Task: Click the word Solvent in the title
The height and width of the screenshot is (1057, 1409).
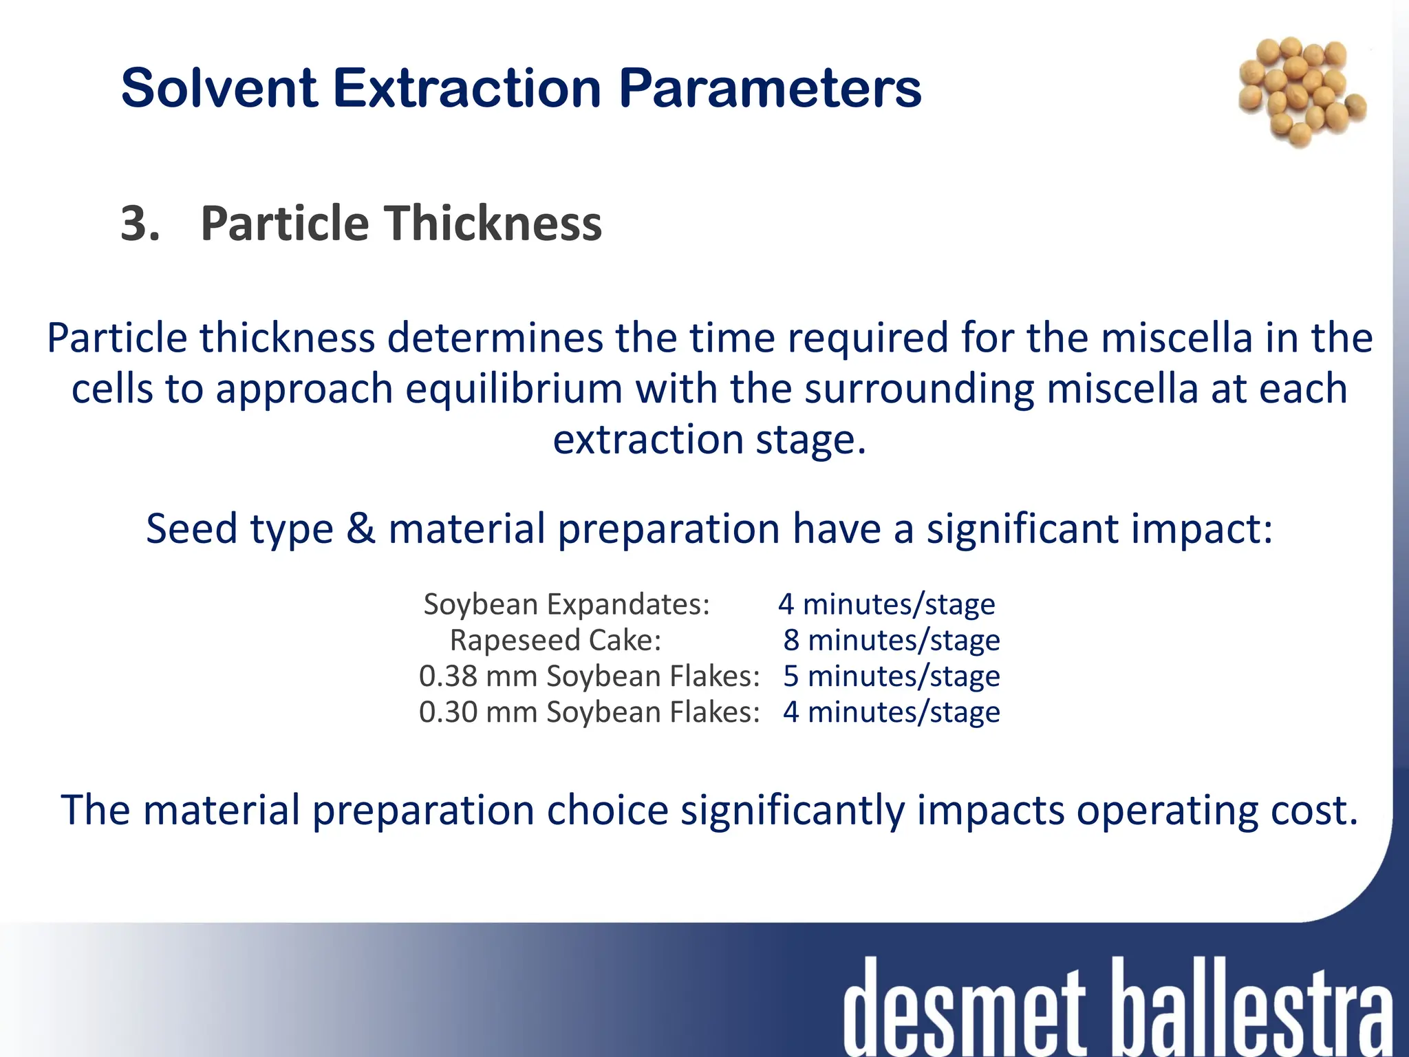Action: [219, 88]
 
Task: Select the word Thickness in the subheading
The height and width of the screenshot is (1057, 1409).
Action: [493, 224]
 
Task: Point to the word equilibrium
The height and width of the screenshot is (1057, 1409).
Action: [513, 389]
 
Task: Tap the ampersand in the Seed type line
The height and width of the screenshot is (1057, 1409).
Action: [361, 528]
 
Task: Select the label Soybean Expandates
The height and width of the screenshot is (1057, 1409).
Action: [566, 604]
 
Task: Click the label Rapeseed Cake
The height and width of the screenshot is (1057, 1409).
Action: [555, 640]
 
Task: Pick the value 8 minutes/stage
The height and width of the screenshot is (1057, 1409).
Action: [891, 640]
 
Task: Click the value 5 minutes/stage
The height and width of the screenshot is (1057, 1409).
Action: [891, 676]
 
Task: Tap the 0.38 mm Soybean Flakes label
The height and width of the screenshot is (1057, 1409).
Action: [589, 676]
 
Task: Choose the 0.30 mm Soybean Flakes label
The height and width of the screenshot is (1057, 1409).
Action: [589, 712]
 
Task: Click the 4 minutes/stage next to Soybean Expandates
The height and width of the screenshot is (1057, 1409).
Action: [886, 604]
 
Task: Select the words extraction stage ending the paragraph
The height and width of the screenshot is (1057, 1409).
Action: [709, 439]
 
